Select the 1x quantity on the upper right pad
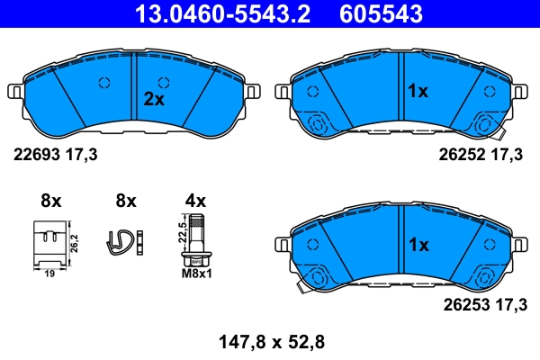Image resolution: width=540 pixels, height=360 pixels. tap(418, 92)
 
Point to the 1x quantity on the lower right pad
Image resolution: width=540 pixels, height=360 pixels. tap(418, 245)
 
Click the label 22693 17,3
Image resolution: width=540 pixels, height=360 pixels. tap(54, 155)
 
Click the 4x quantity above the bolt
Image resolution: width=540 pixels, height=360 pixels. tap(195, 201)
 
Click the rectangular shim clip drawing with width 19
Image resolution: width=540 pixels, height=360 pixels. tap(49, 244)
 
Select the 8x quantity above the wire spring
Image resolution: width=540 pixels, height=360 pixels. tap(125, 201)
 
